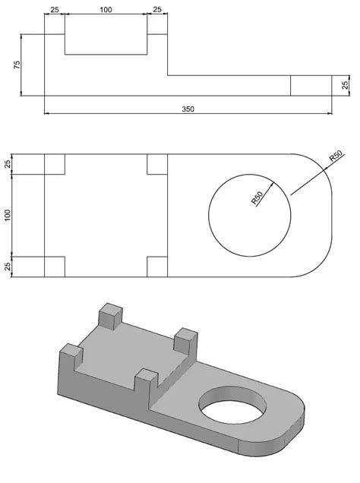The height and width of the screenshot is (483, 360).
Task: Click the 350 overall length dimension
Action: pos(188,109)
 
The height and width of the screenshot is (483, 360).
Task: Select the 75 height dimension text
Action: pos(17,65)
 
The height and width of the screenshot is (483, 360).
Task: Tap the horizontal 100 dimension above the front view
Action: pos(105,10)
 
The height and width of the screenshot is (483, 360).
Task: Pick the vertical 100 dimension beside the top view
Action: pos(8,215)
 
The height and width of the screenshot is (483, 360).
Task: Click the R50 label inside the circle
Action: pos(260,198)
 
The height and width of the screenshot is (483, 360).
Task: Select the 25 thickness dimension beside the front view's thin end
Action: pos(345,85)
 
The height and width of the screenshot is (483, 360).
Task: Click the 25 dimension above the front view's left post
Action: pos(54,10)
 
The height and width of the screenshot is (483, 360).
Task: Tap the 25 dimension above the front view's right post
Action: pos(157,10)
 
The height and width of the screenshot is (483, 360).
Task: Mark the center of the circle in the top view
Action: pos(248,215)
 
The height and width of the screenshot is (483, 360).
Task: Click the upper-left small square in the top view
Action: pos(55,164)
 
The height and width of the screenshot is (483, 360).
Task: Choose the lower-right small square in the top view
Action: pos(157,267)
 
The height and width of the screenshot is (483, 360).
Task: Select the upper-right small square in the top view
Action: pos(157,164)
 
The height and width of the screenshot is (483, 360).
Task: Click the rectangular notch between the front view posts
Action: pos(105,44)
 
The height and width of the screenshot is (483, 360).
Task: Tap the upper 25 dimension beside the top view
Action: pos(8,164)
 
